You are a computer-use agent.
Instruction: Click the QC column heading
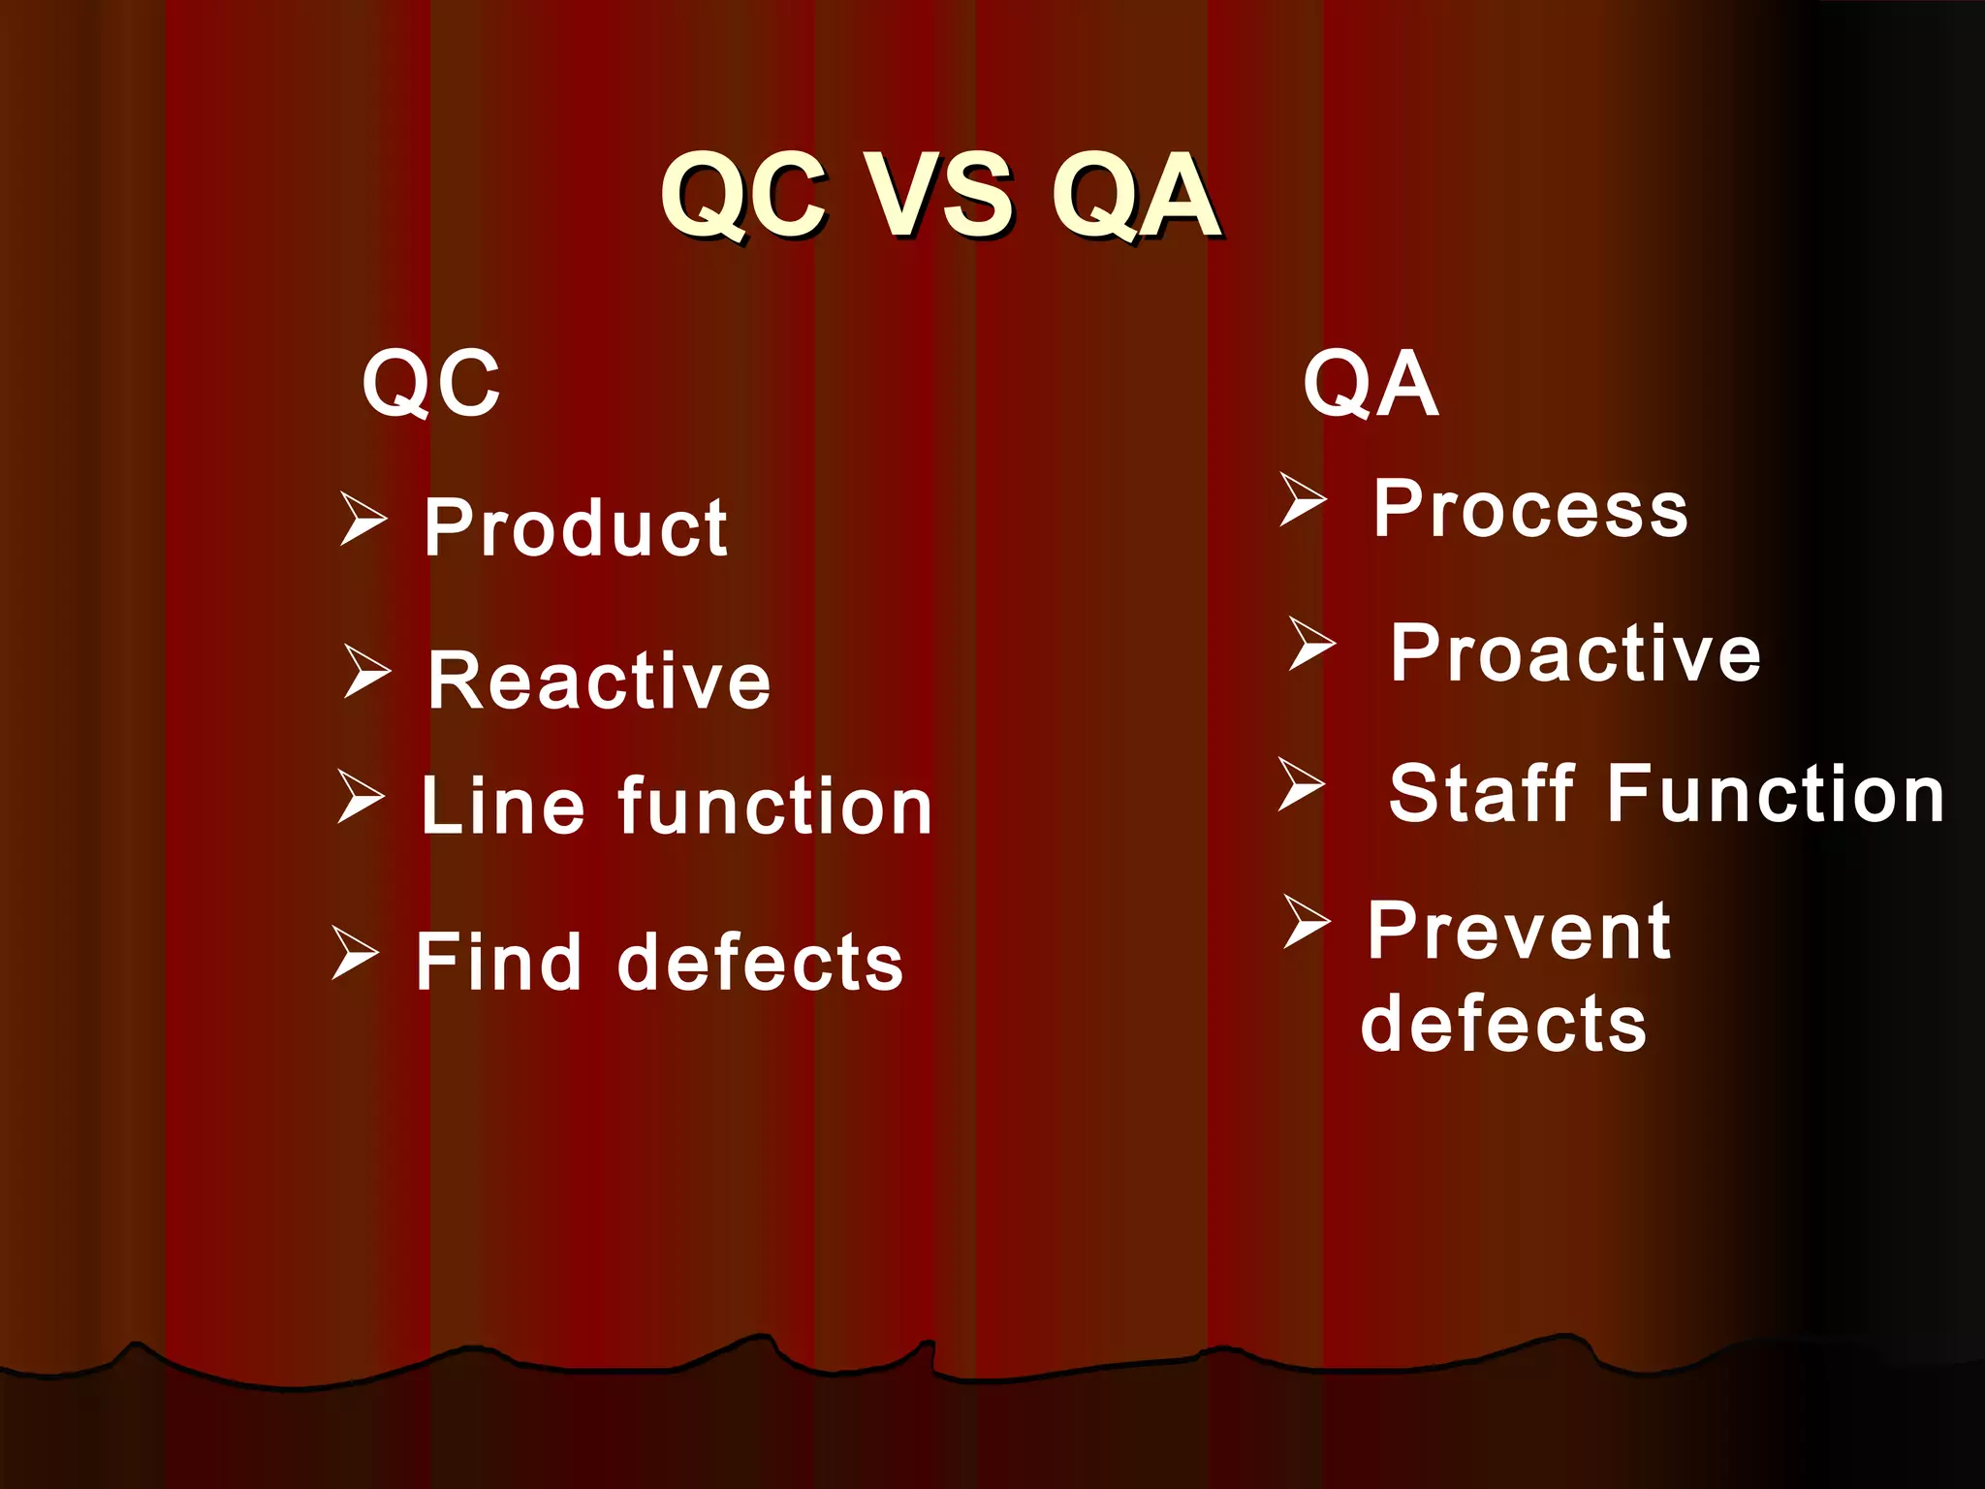point(431,385)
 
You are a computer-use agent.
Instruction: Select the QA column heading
point(1371,385)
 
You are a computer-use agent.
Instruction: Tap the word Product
point(576,528)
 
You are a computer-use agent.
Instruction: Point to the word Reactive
point(599,681)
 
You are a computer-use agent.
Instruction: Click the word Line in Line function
point(503,806)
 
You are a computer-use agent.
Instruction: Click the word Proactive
point(1575,653)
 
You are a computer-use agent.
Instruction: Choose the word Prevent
point(1519,932)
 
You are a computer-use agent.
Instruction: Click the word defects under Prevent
point(1503,1024)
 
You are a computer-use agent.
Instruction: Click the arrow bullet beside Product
point(363,518)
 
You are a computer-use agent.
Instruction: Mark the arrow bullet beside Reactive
point(367,671)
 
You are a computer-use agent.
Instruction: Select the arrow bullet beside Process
point(1303,499)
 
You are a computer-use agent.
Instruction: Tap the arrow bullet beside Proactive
point(1312,643)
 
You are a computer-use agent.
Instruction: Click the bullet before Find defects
point(355,951)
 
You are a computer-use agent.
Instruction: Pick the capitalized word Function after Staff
point(1776,793)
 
